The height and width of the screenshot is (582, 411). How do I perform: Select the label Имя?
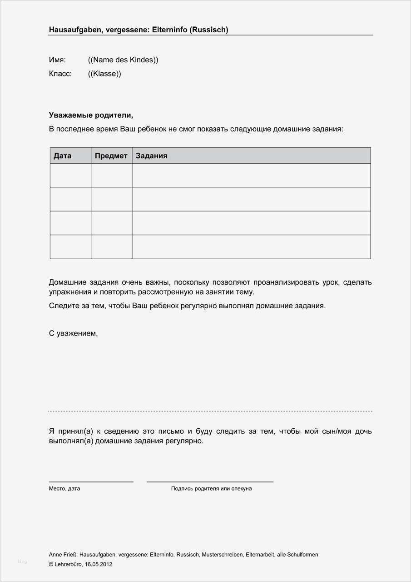(x=57, y=60)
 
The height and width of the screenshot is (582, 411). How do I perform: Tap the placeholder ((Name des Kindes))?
(x=123, y=60)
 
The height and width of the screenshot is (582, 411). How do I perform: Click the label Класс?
(x=60, y=74)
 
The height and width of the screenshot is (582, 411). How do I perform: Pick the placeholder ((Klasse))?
(x=104, y=74)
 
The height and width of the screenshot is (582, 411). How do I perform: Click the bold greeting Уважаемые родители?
(x=91, y=115)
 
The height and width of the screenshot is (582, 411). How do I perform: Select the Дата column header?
(x=63, y=156)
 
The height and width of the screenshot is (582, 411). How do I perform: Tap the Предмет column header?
(x=111, y=156)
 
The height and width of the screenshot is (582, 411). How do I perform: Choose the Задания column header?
(x=152, y=156)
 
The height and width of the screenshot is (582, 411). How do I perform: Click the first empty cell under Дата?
(x=70, y=176)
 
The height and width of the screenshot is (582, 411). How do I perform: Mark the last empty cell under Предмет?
(x=111, y=247)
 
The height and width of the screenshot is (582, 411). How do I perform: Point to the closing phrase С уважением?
(x=73, y=333)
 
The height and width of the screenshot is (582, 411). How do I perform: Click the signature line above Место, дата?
(x=91, y=482)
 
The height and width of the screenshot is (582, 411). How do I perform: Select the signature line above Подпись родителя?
(x=210, y=482)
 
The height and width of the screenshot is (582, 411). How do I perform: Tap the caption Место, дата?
(x=64, y=489)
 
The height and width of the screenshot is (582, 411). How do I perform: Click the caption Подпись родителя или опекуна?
(x=211, y=489)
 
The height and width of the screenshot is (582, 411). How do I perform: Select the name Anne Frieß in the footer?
(x=63, y=555)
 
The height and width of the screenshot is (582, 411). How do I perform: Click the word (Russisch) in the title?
(x=209, y=30)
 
